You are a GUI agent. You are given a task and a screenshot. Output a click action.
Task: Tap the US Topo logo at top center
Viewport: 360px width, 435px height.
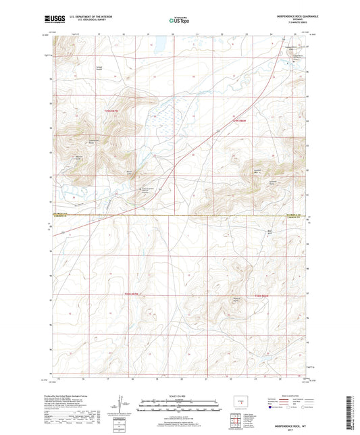tap(178, 21)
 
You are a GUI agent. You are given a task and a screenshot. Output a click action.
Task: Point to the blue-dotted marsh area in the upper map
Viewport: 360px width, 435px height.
tap(164, 122)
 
